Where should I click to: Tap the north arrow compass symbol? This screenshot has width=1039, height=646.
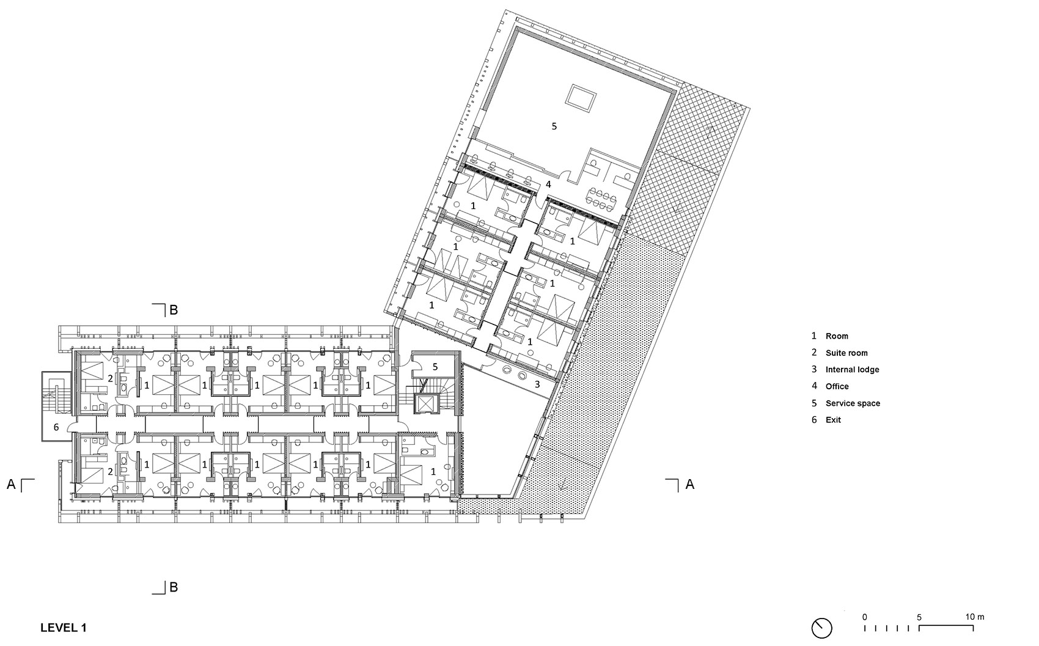(x=822, y=628)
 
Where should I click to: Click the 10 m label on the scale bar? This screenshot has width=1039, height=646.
(x=975, y=617)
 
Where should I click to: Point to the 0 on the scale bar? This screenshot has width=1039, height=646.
(x=864, y=617)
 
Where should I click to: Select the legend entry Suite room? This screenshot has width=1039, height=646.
(x=846, y=353)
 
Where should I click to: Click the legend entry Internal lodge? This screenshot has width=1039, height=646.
(x=852, y=369)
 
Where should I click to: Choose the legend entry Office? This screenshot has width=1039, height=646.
(x=837, y=386)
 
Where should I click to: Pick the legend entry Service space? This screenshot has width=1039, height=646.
(x=852, y=403)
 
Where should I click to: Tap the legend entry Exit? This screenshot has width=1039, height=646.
(x=833, y=420)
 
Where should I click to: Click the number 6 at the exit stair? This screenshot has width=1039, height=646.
(x=56, y=427)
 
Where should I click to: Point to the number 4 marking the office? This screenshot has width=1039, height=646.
(x=548, y=184)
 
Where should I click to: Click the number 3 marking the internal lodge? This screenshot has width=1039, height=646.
(x=537, y=384)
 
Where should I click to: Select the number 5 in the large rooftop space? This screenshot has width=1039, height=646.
(x=554, y=127)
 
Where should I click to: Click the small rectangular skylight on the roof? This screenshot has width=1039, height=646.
(x=581, y=97)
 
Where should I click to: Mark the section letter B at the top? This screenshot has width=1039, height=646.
(x=174, y=310)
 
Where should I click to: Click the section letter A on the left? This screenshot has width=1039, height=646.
(x=11, y=484)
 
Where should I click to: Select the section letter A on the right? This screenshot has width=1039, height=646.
(x=690, y=484)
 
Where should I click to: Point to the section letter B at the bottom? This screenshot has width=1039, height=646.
(x=174, y=587)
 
